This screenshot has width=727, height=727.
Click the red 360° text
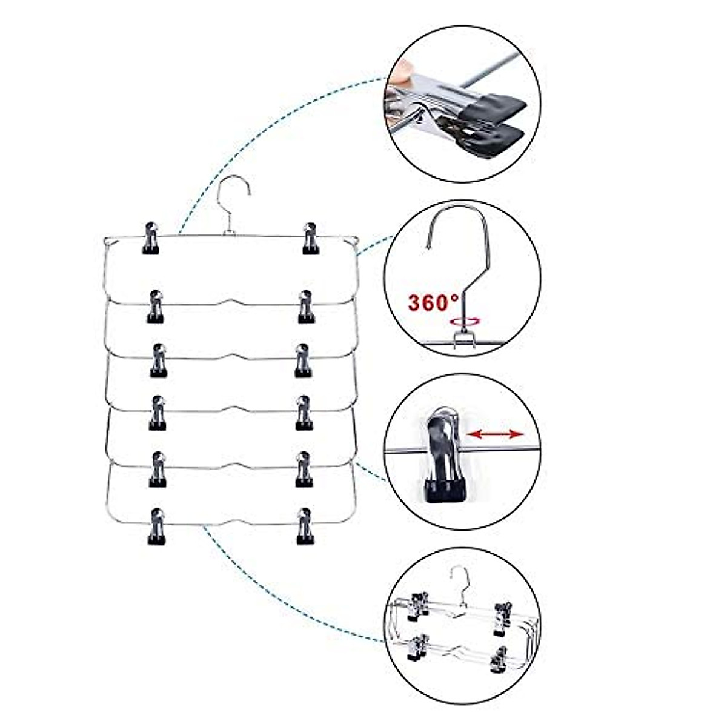coord(432,302)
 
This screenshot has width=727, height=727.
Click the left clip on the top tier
coord(151,238)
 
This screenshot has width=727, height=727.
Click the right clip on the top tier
coord(311,238)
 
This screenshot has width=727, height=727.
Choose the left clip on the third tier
coord(159,360)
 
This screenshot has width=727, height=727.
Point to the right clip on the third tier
coord(303,360)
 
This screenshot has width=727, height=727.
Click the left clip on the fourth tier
coord(158,413)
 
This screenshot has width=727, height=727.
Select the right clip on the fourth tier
coord(304,413)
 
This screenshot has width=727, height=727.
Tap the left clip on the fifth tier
coord(158,469)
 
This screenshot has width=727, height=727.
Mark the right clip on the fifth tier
coord(304,469)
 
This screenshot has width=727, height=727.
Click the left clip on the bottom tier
coord(158,525)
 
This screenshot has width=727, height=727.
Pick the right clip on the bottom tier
coord(304,525)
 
